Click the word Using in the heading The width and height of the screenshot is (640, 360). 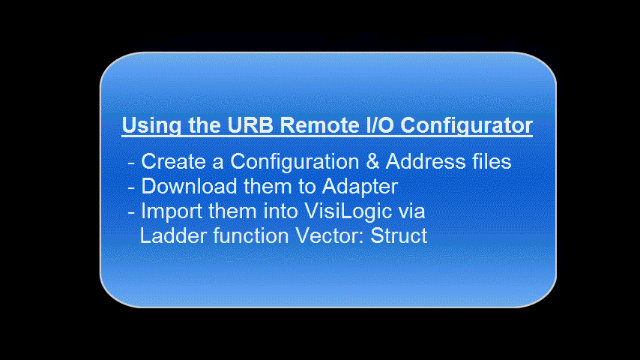pyautogui.click(x=151, y=126)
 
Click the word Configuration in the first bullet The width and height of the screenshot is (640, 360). pyautogui.click(x=295, y=162)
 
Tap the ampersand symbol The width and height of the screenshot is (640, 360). pyautogui.click(x=372, y=161)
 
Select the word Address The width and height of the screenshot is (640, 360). pyautogui.click(x=426, y=161)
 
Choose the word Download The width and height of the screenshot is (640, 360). pyautogui.click(x=189, y=186)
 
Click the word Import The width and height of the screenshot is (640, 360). pyautogui.click(x=171, y=211)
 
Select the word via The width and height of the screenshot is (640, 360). pyautogui.click(x=412, y=211)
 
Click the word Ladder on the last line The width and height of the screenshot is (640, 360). pyautogui.click(x=173, y=235)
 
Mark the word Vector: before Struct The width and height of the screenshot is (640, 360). pyautogui.click(x=330, y=235)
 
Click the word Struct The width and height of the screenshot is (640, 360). pyautogui.click(x=399, y=235)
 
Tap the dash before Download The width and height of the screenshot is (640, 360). pyautogui.click(x=131, y=188)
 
